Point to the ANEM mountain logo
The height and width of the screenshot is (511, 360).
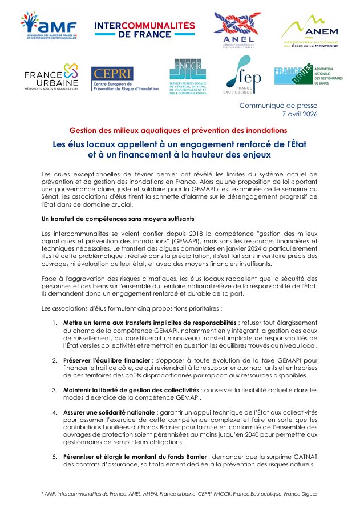[309, 32]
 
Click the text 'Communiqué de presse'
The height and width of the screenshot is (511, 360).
[278, 105]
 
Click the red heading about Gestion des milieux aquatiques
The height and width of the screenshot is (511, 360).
[178, 130]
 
